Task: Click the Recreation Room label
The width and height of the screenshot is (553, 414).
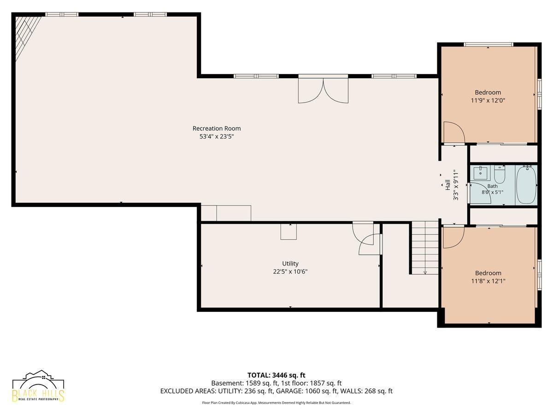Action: [x=217, y=128]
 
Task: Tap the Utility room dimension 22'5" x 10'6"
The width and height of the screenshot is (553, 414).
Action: [x=290, y=272]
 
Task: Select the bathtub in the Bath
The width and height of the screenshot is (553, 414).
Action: [x=526, y=185]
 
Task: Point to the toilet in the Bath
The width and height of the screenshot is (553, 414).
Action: [x=500, y=174]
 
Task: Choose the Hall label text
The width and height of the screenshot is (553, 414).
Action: [x=447, y=185]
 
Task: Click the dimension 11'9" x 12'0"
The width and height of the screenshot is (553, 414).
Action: [x=488, y=101]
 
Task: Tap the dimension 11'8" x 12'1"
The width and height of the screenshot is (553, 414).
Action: [x=488, y=281]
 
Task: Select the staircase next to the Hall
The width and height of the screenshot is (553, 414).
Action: [x=425, y=247]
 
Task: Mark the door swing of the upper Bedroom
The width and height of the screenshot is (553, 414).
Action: [x=454, y=132]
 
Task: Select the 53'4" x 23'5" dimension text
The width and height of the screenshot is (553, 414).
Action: [x=217, y=137]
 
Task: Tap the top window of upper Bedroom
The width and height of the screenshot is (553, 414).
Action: [x=488, y=45]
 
